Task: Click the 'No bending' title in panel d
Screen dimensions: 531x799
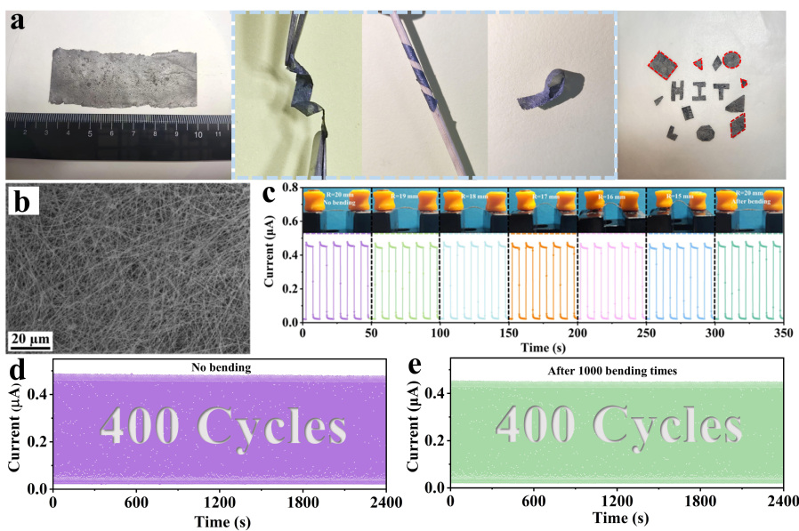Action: [x=218, y=366]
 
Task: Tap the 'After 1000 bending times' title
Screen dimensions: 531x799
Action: [x=617, y=366]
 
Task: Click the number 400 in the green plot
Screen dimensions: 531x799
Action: [x=534, y=425]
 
